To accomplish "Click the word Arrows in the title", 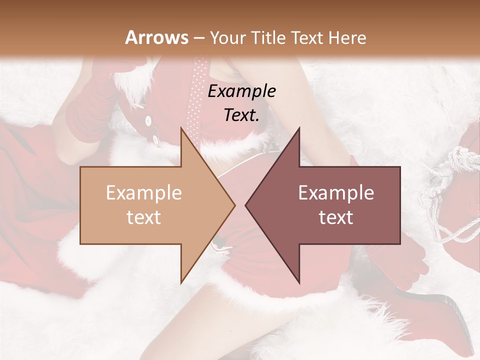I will pyautogui.click(x=157, y=37).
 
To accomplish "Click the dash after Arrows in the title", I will pyautogui.click(x=198, y=38).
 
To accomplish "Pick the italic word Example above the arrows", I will pyautogui.click(x=242, y=91).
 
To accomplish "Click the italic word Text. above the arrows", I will pyautogui.click(x=242, y=115).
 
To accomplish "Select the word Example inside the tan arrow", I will pyautogui.click(x=144, y=193).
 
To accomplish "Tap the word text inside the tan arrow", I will pyautogui.click(x=144, y=217).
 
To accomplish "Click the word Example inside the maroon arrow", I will pyautogui.click(x=336, y=193).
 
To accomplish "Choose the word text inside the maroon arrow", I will pyautogui.click(x=336, y=217).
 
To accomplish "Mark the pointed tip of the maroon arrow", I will pyautogui.click(x=246, y=205).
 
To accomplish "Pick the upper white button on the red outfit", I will pyautogui.click(x=148, y=120).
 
